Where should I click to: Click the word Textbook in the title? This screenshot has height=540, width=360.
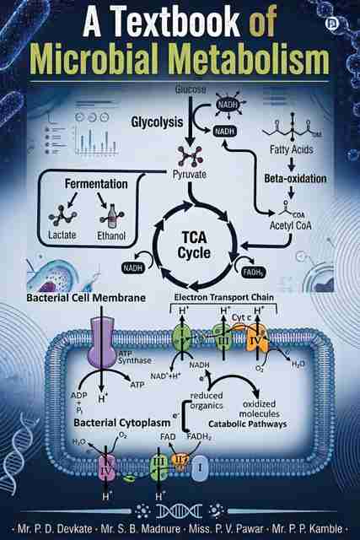tap(176, 23)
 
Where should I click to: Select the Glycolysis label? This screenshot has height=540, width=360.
tap(157, 122)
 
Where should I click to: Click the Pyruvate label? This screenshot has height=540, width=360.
tap(190, 175)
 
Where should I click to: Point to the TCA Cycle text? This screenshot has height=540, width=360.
tap(195, 245)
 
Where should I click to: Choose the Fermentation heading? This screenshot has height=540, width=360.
tap(96, 184)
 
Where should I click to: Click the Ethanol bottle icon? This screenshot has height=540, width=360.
tap(111, 217)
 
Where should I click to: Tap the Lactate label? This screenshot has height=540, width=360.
tap(62, 235)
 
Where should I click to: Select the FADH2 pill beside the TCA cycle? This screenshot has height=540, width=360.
tap(254, 273)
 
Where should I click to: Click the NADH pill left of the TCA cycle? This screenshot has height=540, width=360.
tap(133, 267)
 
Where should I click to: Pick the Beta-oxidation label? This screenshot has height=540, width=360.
tap(295, 178)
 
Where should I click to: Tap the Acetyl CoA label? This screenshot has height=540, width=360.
tap(291, 225)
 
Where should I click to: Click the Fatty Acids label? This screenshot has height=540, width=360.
tap(291, 149)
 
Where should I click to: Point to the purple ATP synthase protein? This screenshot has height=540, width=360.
tap(102, 342)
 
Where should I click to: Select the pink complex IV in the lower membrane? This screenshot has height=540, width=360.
tap(108, 469)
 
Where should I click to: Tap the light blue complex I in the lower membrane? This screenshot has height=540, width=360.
tap(200, 468)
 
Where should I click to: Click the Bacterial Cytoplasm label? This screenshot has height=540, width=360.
tap(122, 423)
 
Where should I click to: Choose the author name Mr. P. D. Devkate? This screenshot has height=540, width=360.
tap(55, 528)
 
